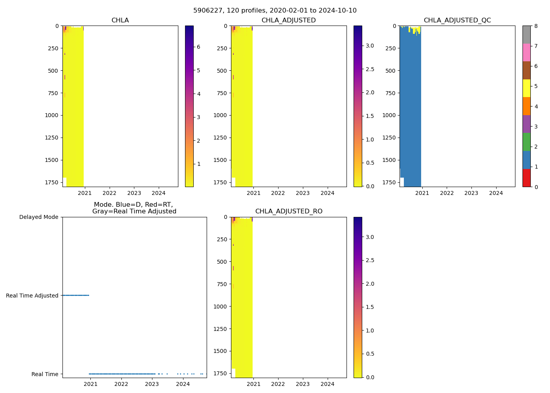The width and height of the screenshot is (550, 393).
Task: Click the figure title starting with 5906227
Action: point(275,11)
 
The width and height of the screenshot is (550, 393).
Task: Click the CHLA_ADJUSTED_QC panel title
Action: point(457,20)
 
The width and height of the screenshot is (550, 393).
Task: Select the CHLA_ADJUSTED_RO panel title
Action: point(289,211)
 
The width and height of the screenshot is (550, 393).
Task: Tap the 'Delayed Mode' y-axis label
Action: point(38,217)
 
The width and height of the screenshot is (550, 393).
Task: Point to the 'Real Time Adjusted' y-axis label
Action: point(32,296)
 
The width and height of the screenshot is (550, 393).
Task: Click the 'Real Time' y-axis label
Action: point(45,374)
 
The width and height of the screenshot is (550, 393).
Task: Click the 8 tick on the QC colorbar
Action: point(536,26)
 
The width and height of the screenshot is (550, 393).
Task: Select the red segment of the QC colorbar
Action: point(526,178)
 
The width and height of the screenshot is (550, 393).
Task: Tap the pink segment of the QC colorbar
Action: point(526,52)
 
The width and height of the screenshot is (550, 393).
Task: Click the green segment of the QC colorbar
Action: point(526,142)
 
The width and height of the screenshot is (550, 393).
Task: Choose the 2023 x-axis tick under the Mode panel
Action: point(152,384)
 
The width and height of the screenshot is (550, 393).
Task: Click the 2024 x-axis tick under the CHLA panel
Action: point(159,193)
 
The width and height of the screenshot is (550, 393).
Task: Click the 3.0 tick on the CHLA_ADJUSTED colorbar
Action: point(370,46)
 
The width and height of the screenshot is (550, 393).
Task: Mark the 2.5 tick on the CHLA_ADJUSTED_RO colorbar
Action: point(370,260)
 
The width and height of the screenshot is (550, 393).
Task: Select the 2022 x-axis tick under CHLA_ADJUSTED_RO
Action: point(278,384)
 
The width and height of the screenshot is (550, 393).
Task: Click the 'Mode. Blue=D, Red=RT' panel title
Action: point(134,208)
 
